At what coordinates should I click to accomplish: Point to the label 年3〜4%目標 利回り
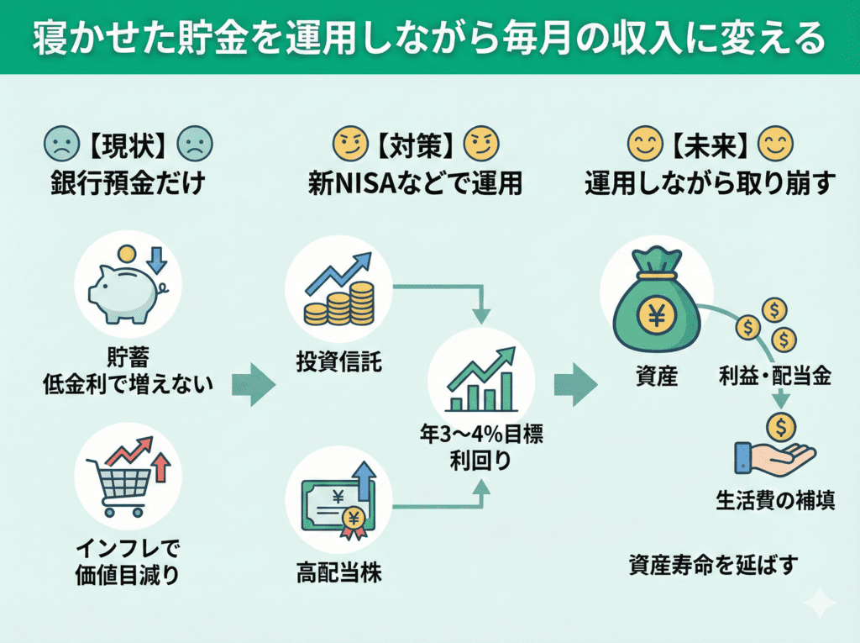tap(481, 449)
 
